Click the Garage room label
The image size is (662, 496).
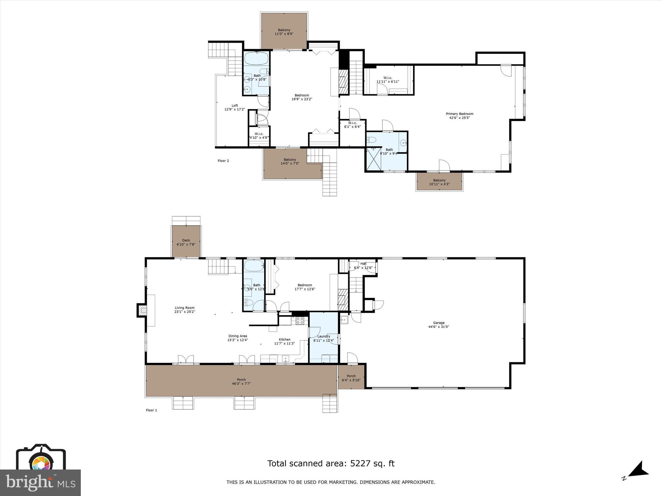tap(439, 325)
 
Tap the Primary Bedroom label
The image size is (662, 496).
tap(459, 116)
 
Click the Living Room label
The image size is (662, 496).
tap(185, 310)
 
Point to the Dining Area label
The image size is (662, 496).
tap(238, 338)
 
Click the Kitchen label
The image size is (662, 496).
tap(284, 341)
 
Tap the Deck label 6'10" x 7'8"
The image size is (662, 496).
tap(186, 242)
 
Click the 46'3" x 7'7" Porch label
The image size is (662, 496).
tap(241, 382)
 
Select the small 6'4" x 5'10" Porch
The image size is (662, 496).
tap(351, 378)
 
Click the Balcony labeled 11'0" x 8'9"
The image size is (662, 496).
tap(284, 32)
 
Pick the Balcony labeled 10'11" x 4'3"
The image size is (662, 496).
tap(439, 182)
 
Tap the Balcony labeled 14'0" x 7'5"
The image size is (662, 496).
tap(290, 161)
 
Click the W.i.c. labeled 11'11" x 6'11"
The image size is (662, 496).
tap(388, 79)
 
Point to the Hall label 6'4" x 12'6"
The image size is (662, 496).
tap(363, 265)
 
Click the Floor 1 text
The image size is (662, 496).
tap(151, 410)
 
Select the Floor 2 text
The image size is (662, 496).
tap(223, 160)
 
